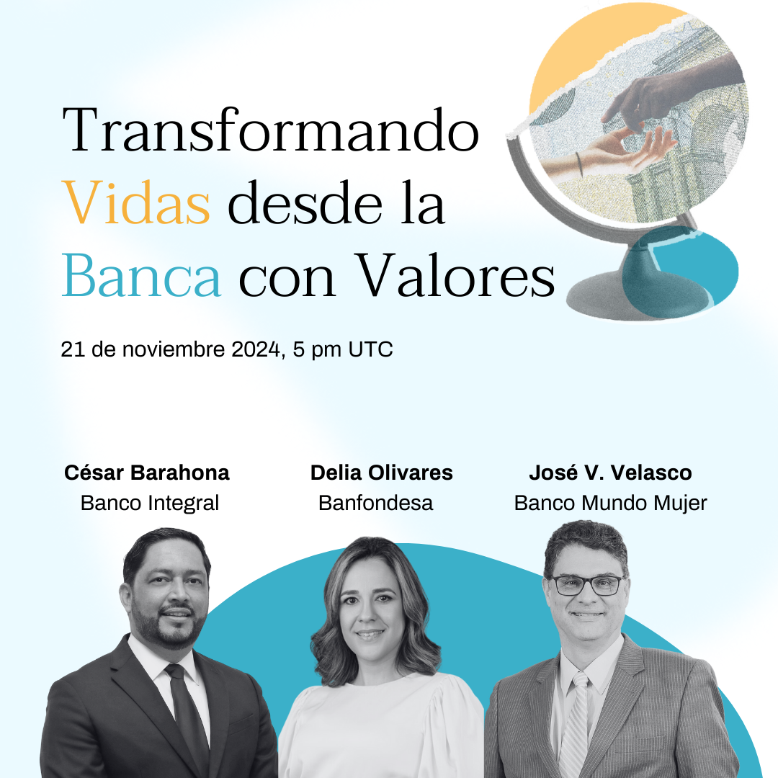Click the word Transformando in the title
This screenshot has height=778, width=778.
(x=271, y=130)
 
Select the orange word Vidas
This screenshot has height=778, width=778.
(x=136, y=202)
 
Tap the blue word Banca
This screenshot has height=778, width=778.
(x=141, y=275)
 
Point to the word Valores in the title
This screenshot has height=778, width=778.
(x=455, y=275)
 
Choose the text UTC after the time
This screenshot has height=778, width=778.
(x=371, y=349)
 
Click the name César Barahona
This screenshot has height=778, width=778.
(x=147, y=473)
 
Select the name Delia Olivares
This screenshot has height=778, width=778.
(x=382, y=473)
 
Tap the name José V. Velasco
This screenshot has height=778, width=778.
(x=610, y=473)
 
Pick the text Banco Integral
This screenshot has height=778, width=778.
(x=149, y=503)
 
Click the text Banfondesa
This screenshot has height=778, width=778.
(x=375, y=503)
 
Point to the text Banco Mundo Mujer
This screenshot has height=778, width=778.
(x=610, y=503)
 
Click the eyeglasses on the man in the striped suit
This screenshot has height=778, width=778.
(x=588, y=585)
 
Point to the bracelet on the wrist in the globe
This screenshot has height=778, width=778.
(x=579, y=164)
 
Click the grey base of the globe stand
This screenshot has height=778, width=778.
(x=610, y=297)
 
